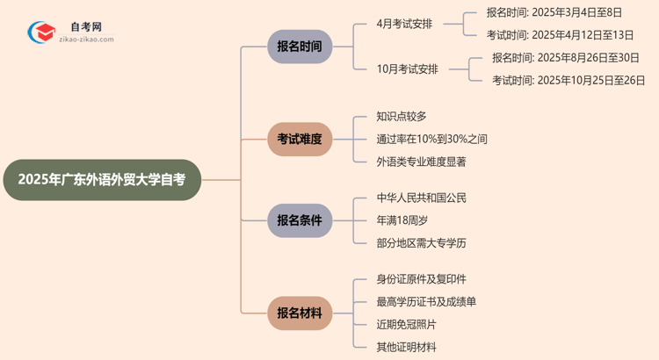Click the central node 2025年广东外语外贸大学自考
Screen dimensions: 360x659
click(x=102, y=180)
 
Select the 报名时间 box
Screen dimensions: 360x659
click(x=300, y=47)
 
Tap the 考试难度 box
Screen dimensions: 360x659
click(x=300, y=139)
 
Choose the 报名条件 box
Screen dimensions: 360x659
click(x=300, y=220)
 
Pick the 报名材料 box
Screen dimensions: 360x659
click(x=300, y=313)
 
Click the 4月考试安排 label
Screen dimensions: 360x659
click(x=404, y=24)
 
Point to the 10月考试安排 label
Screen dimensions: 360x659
click(x=408, y=69)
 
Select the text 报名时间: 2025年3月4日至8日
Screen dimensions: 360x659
click(x=554, y=12)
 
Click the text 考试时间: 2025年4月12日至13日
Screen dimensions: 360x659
click(x=561, y=35)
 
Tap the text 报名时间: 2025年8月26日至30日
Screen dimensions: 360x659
click(x=565, y=58)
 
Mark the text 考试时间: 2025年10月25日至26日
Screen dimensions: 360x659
click(x=568, y=81)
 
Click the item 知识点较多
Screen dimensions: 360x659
click(x=402, y=116)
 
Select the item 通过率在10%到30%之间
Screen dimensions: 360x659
click(x=431, y=139)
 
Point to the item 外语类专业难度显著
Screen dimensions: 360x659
click(x=421, y=162)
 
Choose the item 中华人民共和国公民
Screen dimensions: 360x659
click(x=421, y=198)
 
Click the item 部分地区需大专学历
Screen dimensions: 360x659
click(x=421, y=243)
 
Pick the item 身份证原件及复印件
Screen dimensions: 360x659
click(x=421, y=279)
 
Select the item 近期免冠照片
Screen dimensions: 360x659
click(x=406, y=325)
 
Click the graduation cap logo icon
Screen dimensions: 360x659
click(x=40, y=32)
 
